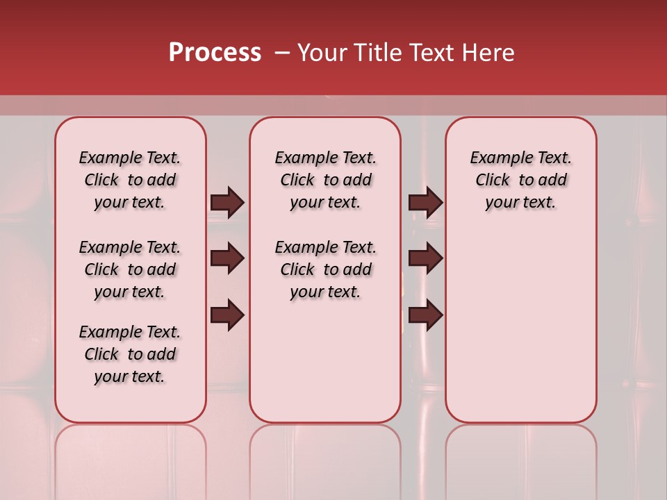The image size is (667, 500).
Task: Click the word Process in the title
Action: pyautogui.click(x=215, y=52)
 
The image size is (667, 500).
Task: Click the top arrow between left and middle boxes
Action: pyautogui.click(x=227, y=202)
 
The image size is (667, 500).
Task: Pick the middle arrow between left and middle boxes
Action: pyautogui.click(x=227, y=259)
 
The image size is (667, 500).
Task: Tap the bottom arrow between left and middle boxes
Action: pyautogui.click(x=227, y=315)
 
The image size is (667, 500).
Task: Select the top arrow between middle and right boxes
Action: pyautogui.click(x=425, y=202)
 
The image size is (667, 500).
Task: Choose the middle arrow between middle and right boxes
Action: pyautogui.click(x=425, y=259)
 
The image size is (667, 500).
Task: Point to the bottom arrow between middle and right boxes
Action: pyautogui.click(x=425, y=315)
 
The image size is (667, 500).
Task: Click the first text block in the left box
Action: pyautogui.click(x=130, y=180)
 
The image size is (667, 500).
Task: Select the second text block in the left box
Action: pyautogui.click(x=130, y=269)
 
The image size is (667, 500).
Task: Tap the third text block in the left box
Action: pyautogui.click(x=130, y=354)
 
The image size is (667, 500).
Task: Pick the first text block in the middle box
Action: pyautogui.click(x=325, y=180)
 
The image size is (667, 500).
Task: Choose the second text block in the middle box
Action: pyautogui.click(x=325, y=269)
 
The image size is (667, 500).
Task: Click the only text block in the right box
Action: pyautogui.click(x=520, y=180)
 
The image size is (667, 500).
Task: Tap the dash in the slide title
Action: pyautogui.click(x=282, y=52)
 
